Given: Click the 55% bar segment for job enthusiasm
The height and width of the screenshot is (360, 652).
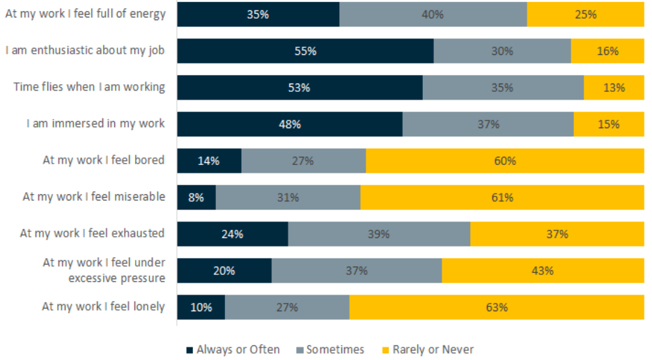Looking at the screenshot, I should click(305, 51).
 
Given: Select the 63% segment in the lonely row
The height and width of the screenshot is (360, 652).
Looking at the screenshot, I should click(497, 307).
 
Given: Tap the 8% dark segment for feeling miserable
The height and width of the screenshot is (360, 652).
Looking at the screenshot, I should click(196, 197).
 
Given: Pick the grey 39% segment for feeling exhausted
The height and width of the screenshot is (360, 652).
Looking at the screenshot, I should click(379, 234).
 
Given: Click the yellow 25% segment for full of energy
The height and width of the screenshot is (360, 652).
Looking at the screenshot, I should click(585, 14).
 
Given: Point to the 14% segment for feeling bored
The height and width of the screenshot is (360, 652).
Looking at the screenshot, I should click(209, 161).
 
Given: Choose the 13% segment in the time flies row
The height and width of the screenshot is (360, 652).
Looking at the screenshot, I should click(614, 88).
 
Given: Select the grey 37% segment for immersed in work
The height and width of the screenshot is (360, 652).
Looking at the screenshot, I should click(488, 124).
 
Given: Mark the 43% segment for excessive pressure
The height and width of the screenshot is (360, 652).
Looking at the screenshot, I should click(543, 270).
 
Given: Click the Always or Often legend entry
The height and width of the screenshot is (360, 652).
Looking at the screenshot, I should click(233, 350).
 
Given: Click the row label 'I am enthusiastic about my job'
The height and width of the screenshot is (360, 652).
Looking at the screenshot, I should click(85, 50).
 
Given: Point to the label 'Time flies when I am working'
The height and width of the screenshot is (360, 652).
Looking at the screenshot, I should click(89, 87).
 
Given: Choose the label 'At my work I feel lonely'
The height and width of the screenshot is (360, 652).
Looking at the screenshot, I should click(103, 306).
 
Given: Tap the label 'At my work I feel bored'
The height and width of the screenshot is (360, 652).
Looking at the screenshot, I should click(103, 160).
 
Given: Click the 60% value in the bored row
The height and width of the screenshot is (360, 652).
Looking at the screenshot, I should click(505, 161).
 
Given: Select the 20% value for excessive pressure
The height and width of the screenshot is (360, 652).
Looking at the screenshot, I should click(224, 270).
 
